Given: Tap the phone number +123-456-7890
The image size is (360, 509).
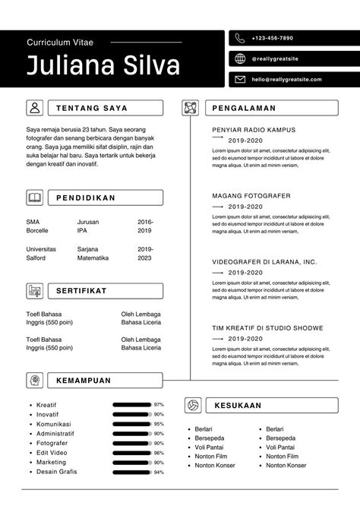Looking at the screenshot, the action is [272, 38].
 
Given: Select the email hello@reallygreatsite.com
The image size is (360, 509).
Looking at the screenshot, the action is [286, 79].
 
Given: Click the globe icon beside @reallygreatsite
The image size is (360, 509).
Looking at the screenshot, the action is [240, 58].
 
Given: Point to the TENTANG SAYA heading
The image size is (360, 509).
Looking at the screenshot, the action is [92, 108].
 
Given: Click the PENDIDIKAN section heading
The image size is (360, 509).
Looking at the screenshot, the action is [86, 198].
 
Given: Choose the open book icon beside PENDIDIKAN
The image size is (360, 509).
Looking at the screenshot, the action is [35, 198].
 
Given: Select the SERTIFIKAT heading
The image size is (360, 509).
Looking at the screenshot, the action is [81, 291].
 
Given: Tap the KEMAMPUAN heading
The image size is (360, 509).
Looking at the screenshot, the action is [84, 381].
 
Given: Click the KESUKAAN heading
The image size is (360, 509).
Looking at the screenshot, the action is [238, 405].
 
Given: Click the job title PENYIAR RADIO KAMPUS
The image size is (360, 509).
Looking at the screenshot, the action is [254, 130].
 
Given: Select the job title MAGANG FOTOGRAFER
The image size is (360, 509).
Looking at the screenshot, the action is [251, 196].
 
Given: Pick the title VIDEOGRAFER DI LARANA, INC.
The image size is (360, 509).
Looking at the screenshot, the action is [264, 261].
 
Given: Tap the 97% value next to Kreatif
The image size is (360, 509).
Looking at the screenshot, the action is [159, 404].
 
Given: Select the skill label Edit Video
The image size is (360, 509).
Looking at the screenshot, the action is [52, 453].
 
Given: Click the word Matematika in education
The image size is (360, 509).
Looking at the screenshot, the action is [93, 258].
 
